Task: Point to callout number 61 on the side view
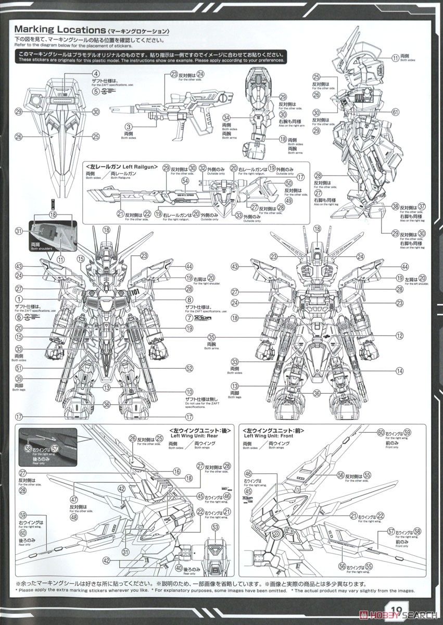coord(396,111)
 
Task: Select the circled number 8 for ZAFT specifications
coord(189,299)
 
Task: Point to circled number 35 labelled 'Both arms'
coord(211,336)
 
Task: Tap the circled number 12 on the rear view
coord(399,336)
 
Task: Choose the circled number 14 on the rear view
coord(399,371)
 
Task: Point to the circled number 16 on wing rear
coord(177,471)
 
